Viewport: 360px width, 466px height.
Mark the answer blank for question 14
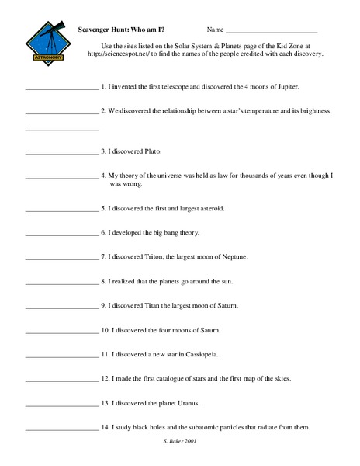point(62,428)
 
